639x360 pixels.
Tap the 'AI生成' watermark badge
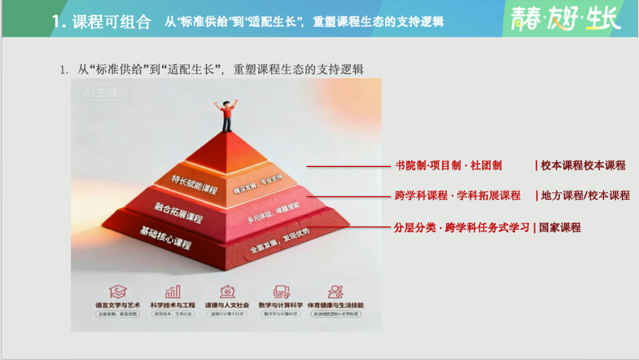[x=100, y=93]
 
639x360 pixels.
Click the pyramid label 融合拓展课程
[x=179, y=211]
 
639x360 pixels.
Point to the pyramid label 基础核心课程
[x=165, y=237]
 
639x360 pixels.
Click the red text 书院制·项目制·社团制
[x=448, y=166]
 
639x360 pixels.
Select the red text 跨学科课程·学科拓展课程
[x=457, y=195]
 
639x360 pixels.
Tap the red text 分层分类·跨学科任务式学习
[x=461, y=227]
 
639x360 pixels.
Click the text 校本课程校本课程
[x=583, y=166]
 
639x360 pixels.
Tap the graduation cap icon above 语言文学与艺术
[x=118, y=291]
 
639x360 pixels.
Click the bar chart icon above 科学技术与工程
[x=173, y=291]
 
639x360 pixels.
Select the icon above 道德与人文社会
[x=227, y=291]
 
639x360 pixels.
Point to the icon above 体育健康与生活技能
[x=335, y=291]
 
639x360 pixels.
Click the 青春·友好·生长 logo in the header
[x=565, y=19]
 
